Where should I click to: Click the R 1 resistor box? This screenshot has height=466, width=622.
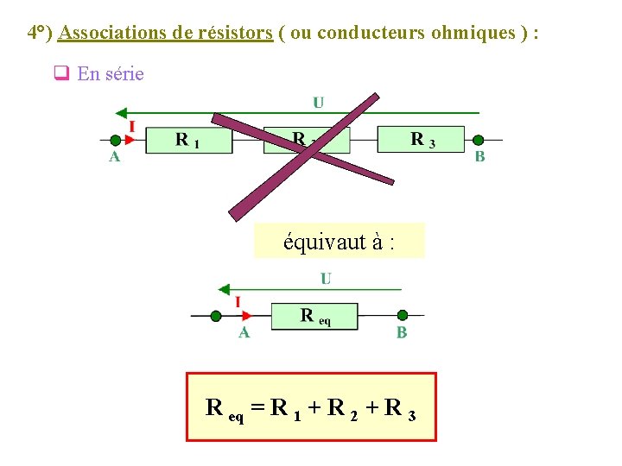[x=189, y=140]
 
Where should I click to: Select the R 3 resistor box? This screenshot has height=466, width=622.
[x=421, y=139]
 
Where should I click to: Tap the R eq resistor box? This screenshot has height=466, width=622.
[x=314, y=316]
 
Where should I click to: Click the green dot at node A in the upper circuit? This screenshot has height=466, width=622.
[x=113, y=140]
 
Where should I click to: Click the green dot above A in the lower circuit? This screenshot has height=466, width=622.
[x=216, y=316]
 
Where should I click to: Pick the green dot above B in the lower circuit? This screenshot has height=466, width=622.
[x=402, y=316]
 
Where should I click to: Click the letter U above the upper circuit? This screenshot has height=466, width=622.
[x=319, y=103]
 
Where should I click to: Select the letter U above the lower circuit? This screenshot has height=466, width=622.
[x=326, y=279]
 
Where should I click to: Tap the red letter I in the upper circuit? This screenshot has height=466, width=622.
[x=132, y=126]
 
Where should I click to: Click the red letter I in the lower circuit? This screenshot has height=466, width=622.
[x=238, y=302]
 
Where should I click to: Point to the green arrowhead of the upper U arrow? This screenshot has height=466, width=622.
[x=122, y=113]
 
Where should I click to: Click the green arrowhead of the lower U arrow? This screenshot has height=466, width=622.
[x=224, y=289]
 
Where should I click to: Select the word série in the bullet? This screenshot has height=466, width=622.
[x=124, y=74]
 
